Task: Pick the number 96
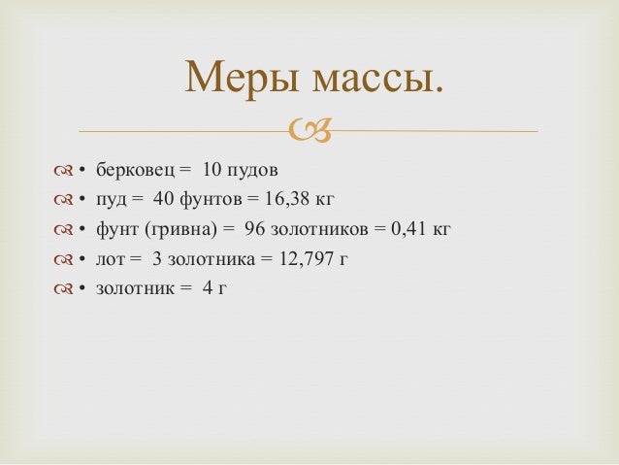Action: (x=257, y=230)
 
